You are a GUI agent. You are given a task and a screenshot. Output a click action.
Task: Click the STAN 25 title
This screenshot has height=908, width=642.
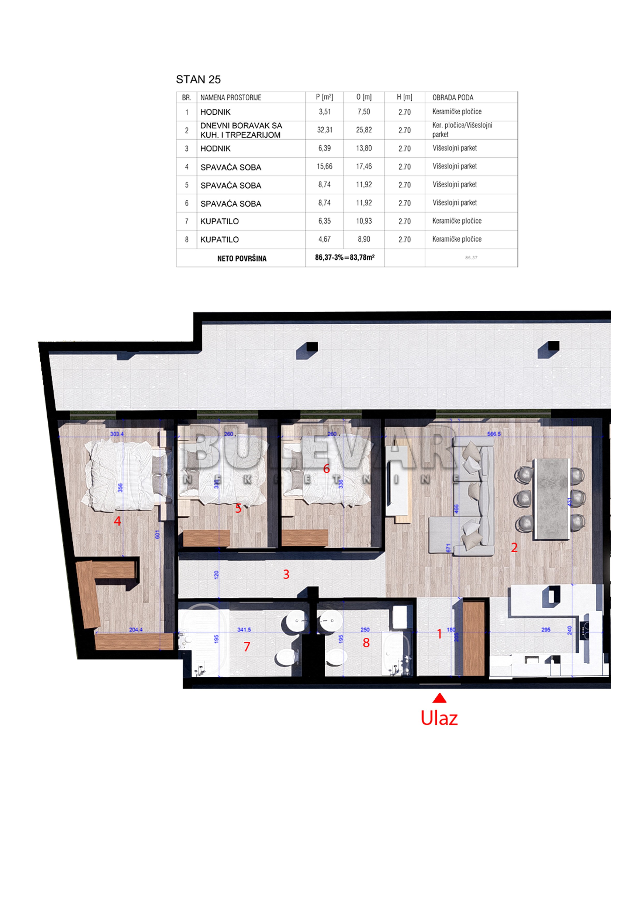click(198, 79)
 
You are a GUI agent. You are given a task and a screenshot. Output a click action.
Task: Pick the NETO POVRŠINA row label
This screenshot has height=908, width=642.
click(242, 258)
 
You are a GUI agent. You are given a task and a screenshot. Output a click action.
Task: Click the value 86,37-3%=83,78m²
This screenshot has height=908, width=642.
click(345, 258)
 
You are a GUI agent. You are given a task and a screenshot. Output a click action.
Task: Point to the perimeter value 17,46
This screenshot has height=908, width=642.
click(363, 166)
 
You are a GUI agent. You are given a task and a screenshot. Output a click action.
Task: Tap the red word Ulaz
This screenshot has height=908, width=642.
click(439, 718)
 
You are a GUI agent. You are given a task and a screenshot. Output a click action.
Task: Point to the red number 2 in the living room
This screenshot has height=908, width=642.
click(514, 547)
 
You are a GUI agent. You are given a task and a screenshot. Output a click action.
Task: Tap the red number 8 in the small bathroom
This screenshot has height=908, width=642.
click(366, 643)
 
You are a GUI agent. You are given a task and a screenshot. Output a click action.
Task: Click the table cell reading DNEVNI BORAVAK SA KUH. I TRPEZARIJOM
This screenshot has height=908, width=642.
click(241, 130)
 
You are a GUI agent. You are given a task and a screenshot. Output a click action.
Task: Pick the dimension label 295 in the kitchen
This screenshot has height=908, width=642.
click(545, 629)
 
